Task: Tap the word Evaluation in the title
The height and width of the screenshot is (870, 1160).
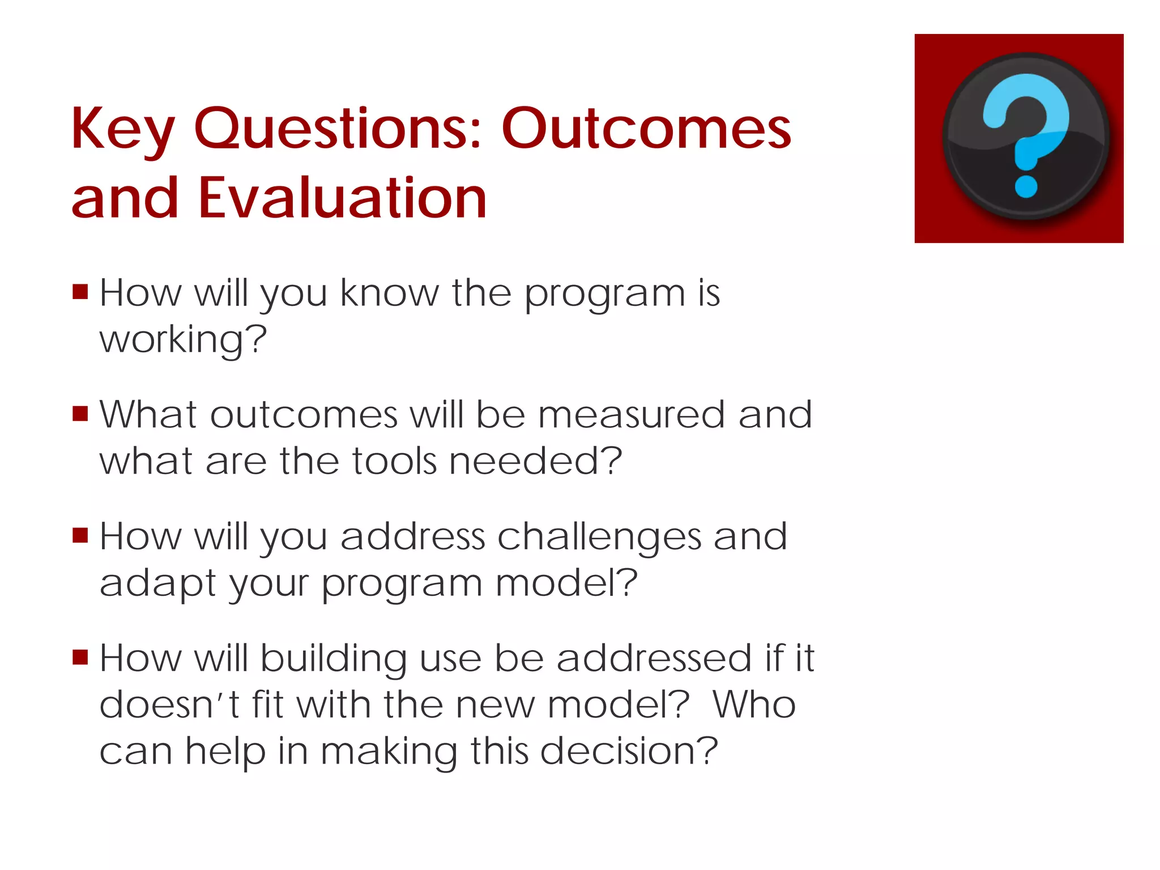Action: [342, 198]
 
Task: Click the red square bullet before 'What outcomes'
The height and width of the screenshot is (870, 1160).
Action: [80, 414]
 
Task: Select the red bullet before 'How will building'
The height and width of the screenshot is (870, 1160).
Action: [80, 658]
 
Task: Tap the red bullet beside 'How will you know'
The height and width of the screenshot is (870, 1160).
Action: [80, 292]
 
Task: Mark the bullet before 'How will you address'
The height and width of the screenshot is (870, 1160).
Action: [80, 536]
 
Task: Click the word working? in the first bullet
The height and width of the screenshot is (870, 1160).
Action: [183, 340]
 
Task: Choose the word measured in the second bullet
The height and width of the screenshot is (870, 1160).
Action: [632, 415]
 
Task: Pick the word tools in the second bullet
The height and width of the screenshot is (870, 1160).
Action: [395, 461]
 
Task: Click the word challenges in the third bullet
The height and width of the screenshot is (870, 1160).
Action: [599, 537]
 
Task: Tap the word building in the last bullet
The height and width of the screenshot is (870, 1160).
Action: [334, 659]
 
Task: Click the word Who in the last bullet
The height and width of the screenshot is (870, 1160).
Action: [754, 705]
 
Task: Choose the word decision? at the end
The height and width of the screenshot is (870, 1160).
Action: [629, 751]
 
